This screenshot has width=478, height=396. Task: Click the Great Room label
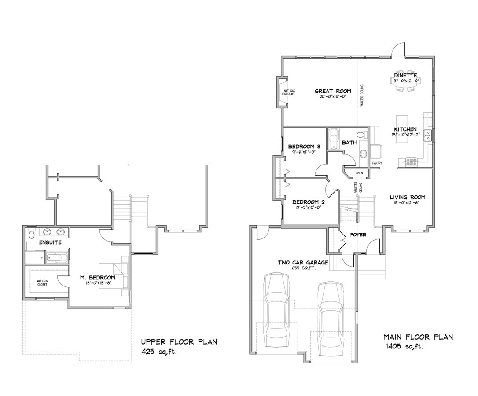[x=333, y=91]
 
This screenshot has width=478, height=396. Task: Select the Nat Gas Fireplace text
[x=288, y=92]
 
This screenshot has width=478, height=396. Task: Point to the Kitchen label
[x=405, y=129]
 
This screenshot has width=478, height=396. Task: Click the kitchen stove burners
[x=411, y=161]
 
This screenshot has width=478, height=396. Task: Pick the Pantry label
[x=377, y=163]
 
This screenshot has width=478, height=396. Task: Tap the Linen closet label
[x=359, y=173]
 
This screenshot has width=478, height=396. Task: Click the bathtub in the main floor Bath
[x=333, y=139]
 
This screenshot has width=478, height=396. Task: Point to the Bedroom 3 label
[x=300, y=147]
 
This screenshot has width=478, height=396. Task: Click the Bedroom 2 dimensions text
[x=309, y=207]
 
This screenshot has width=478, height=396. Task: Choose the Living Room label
[x=407, y=197]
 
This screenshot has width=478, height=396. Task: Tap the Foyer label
[x=358, y=235]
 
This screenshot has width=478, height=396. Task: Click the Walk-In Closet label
[x=42, y=283]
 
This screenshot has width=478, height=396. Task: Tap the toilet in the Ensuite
[x=31, y=235]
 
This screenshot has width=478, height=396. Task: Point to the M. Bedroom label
[x=98, y=277]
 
